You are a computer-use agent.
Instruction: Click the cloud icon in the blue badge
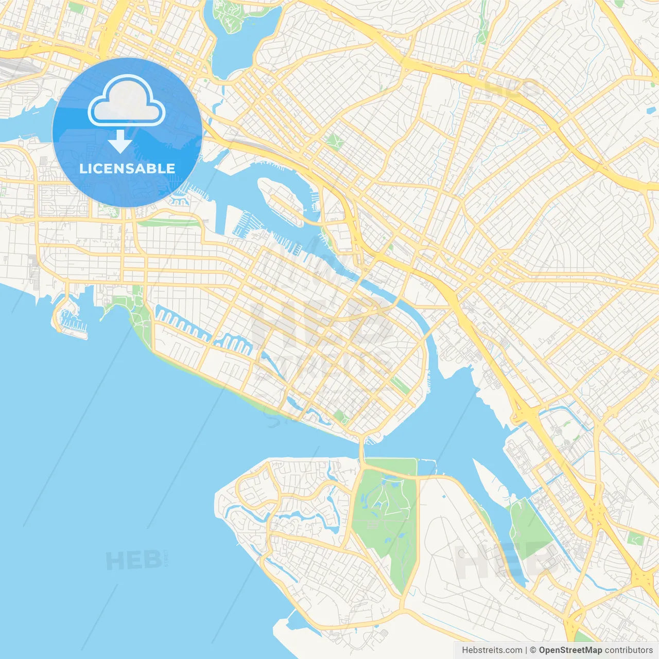click(127, 100)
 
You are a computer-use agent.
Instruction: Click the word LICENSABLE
click(127, 168)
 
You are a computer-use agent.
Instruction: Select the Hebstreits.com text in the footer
click(492, 650)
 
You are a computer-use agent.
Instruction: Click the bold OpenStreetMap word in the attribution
click(570, 650)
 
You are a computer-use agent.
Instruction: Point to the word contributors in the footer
click(628, 650)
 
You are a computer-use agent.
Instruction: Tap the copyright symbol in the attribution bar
click(533, 650)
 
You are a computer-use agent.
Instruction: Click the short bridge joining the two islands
click(362, 450)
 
